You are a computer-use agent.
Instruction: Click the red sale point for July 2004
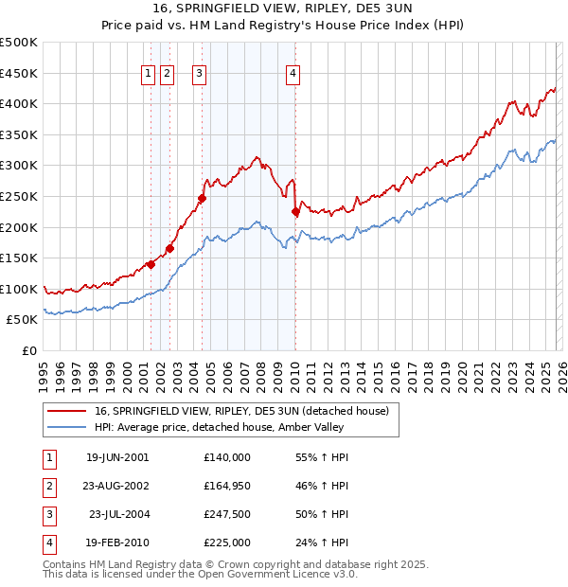tap(202, 198)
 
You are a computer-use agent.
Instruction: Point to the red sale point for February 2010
tap(295, 212)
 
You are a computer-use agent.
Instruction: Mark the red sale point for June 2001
tap(151, 264)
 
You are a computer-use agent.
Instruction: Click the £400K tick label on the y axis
tap(19, 104)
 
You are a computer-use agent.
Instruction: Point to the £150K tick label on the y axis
tap(19, 258)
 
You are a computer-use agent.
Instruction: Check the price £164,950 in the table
tap(226, 486)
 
